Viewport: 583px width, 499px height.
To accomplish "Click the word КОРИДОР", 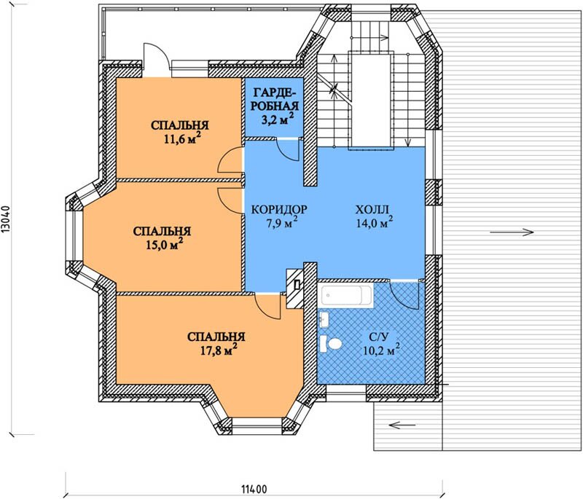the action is pyautogui.click(x=279, y=210).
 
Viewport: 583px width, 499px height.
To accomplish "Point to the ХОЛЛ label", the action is pyautogui.click(x=372, y=210).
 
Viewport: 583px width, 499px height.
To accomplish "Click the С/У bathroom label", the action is pyautogui.click(x=379, y=337).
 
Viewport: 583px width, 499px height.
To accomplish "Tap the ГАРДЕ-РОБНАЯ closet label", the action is pyautogui.click(x=275, y=98).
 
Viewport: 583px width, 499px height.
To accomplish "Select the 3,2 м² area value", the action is pyautogui.click(x=278, y=119).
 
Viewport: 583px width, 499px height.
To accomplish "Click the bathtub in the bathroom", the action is pyautogui.click(x=345, y=295).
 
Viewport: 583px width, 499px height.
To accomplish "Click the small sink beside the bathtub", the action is pyautogui.click(x=324, y=320).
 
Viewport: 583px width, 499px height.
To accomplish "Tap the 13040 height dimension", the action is pyautogui.click(x=7, y=220).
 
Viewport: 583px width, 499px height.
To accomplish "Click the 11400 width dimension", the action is pyautogui.click(x=254, y=489).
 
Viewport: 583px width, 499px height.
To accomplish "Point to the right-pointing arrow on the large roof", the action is pyautogui.click(x=512, y=232).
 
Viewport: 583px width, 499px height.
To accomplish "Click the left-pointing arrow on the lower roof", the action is pyautogui.click(x=402, y=425).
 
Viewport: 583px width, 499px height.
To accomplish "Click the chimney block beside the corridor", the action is pyautogui.click(x=295, y=288).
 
